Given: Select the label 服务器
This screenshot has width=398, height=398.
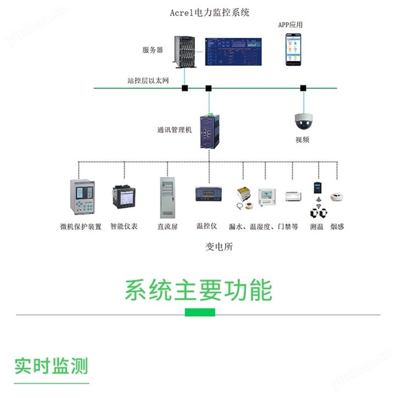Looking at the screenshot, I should coord(153,50).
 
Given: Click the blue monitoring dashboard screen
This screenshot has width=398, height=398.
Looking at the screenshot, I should coord(232,52).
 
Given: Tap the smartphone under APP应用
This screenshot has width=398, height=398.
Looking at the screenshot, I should coord(292,50).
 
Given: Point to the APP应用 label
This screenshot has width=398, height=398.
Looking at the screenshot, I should coord(290,25).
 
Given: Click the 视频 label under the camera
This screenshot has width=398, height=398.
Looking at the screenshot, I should coord(302,140).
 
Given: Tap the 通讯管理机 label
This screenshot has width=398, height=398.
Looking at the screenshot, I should coord(175,130).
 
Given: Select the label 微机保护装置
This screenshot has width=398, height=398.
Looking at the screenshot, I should coord(81,226).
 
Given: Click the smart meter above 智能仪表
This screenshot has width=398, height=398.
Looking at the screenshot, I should coord(124,198).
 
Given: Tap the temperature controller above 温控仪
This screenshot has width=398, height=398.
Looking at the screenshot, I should coord(208,194).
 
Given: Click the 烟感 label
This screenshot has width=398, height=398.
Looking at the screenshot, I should coord(337,226).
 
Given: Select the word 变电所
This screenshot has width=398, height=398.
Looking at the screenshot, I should coord(219,246).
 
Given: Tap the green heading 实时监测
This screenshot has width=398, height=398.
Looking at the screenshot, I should coord(51,366).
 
